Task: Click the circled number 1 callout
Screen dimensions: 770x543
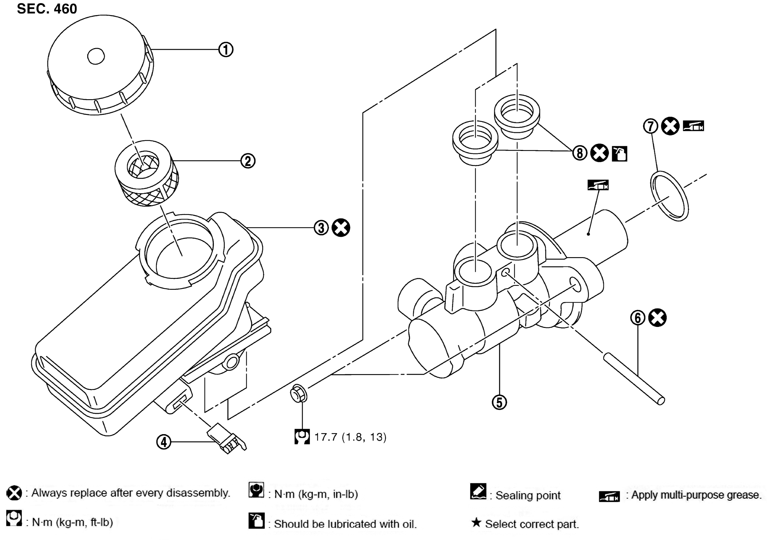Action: point(226,50)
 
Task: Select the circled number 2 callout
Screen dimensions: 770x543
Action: point(248,161)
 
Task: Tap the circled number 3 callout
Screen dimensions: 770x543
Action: point(321,227)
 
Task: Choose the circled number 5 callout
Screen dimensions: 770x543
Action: point(499,402)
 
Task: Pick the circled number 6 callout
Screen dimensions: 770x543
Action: point(637,318)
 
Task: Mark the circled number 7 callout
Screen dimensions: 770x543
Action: point(651,126)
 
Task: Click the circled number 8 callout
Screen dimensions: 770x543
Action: point(579,153)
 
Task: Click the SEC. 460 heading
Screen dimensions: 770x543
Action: point(47,9)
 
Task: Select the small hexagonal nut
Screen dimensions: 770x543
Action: point(298,394)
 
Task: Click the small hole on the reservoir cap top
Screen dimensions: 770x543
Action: point(96,56)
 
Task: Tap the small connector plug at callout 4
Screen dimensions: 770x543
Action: point(227,438)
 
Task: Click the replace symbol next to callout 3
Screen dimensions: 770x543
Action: point(341,228)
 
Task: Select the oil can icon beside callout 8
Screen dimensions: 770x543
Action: point(619,154)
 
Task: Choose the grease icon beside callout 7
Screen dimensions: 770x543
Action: point(693,126)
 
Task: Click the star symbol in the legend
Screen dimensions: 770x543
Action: point(476,522)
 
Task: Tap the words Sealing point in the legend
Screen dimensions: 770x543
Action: point(528,495)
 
